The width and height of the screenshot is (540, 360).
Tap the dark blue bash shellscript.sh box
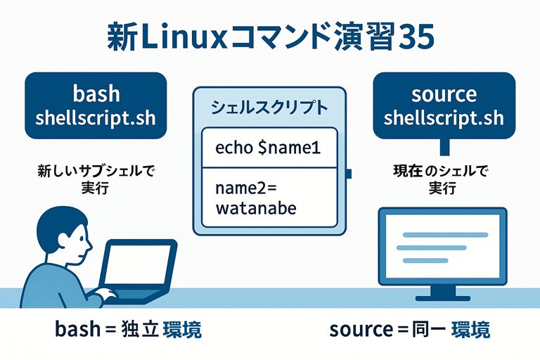click(x=96, y=105)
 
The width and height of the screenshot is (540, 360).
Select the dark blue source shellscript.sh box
click(x=443, y=105)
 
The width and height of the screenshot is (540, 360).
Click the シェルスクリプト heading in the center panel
click(x=269, y=108)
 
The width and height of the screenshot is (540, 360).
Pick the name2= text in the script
click(x=243, y=188)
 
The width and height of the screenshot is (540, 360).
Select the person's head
click(x=64, y=235)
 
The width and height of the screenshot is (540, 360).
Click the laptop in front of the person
click(x=141, y=271)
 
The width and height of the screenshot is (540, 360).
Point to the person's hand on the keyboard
click(x=105, y=294)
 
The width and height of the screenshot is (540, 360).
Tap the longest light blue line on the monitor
click(x=442, y=235)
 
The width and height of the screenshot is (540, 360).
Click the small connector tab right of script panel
click(x=349, y=172)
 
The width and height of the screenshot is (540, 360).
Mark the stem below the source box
click(x=443, y=147)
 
